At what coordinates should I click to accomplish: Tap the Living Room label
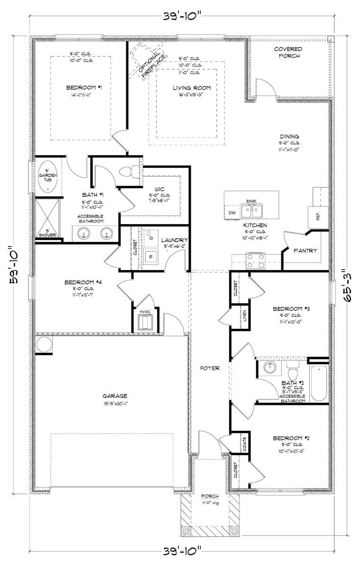pos(191,88)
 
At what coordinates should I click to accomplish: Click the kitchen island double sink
pos(250,210)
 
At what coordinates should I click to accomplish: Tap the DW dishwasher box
pos(232,213)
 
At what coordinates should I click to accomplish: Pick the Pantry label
pos(305,251)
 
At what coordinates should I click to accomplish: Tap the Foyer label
pos(210,368)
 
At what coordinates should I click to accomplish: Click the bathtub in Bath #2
pos(318,383)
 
